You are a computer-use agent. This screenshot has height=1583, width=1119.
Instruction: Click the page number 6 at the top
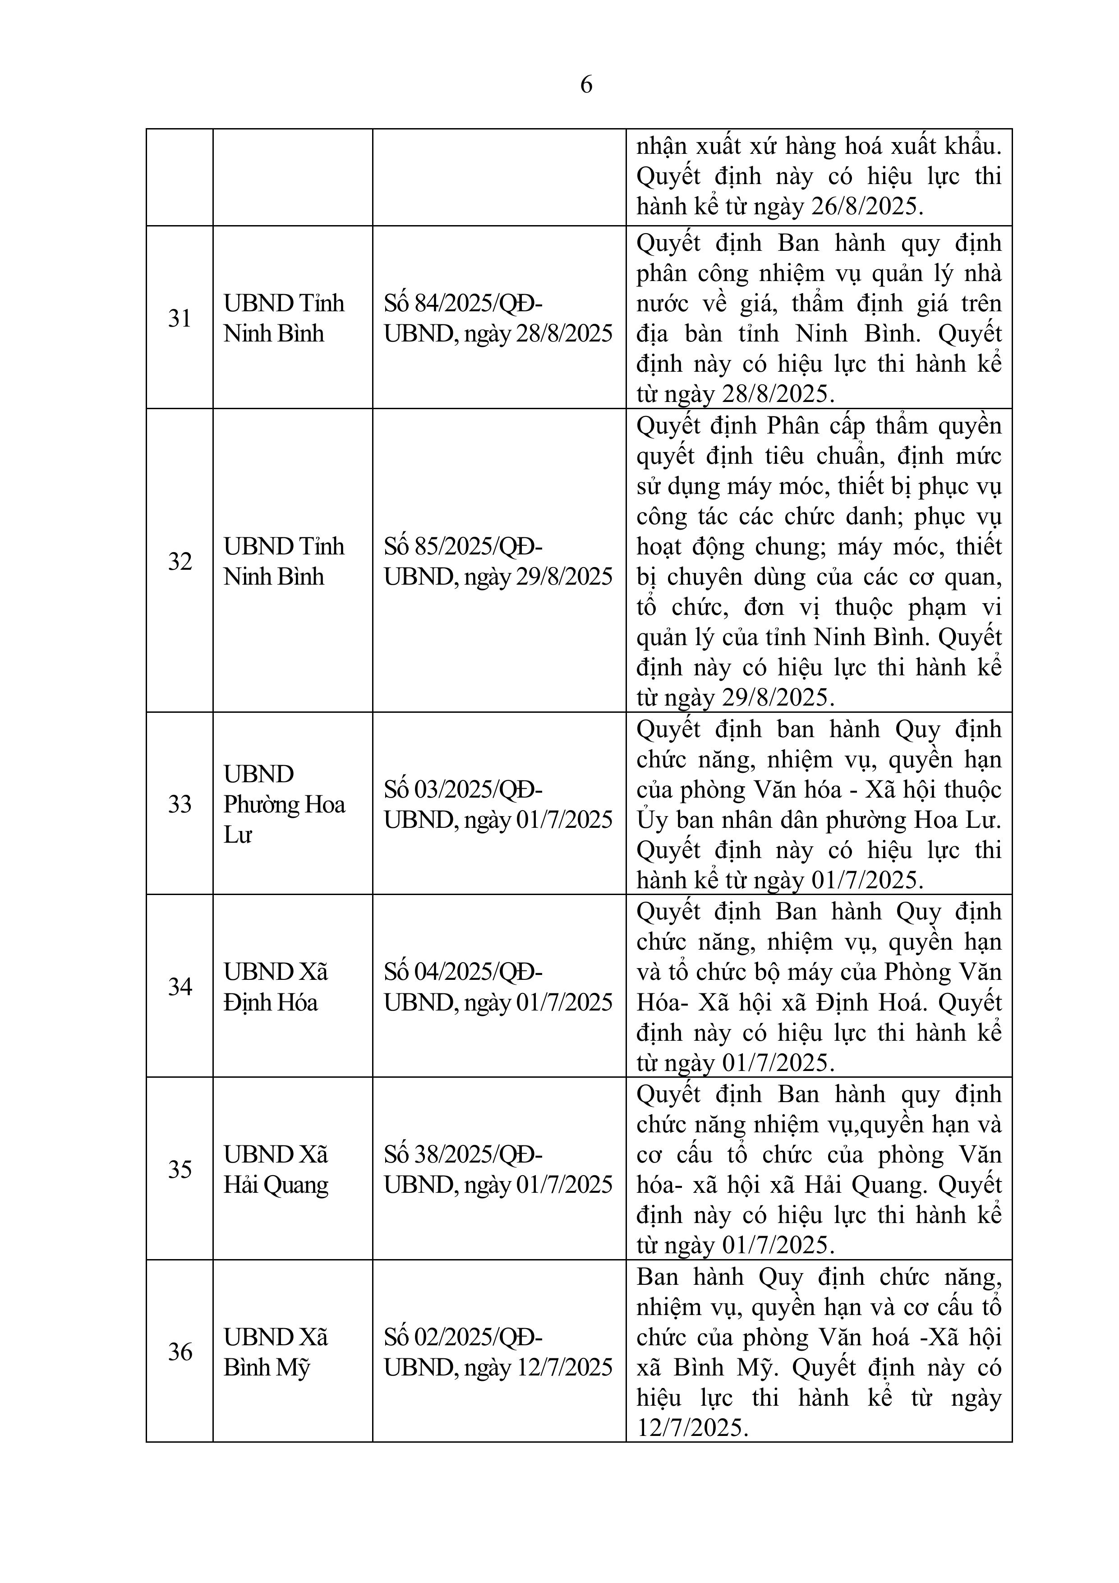(586, 85)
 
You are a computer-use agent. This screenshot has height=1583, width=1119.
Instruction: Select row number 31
(179, 318)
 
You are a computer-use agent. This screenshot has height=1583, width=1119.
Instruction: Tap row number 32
(179, 561)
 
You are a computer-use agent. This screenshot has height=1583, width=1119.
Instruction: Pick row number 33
(179, 804)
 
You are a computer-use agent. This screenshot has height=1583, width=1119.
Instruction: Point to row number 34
(179, 987)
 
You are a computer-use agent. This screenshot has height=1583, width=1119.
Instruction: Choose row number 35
(179, 1169)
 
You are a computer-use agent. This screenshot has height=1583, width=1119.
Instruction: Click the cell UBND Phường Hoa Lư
(284, 804)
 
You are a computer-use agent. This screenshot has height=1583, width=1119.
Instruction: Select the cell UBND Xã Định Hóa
(276, 987)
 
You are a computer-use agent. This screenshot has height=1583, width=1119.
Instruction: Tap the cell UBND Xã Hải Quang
(276, 1169)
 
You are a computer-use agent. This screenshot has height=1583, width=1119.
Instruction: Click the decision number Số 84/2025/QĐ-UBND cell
(498, 318)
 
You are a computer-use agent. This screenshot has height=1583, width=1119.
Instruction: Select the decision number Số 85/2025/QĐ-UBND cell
(498, 561)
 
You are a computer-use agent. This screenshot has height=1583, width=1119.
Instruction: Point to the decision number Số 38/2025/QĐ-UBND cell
(498, 1169)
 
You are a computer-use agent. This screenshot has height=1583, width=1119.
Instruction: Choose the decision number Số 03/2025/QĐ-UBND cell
(498, 804)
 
